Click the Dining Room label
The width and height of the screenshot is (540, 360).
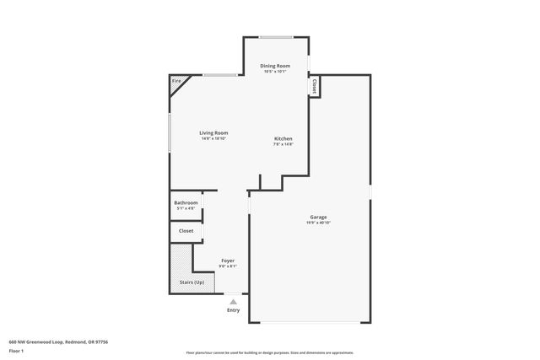274,66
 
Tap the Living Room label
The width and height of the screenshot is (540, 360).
213,132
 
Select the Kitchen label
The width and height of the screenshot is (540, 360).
283,138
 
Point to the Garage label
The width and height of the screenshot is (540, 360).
318,217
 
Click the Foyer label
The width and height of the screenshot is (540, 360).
228,261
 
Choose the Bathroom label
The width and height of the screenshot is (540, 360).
186,202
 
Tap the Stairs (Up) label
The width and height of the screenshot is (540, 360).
192,282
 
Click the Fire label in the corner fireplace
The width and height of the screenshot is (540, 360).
176,82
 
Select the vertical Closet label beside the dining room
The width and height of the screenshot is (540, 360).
314,86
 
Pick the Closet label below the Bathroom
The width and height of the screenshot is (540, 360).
186,230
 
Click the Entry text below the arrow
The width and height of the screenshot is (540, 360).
234,310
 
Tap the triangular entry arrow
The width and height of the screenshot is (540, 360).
234,301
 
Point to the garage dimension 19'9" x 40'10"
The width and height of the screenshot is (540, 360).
318,223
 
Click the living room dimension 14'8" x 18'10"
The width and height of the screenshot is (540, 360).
213,138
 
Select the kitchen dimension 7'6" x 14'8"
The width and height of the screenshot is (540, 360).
283,144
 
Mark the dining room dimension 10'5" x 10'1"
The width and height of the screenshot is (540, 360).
274,72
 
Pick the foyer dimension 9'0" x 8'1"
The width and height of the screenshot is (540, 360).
228,266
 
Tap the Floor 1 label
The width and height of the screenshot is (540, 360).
17,350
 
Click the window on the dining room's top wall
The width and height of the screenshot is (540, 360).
276,36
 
